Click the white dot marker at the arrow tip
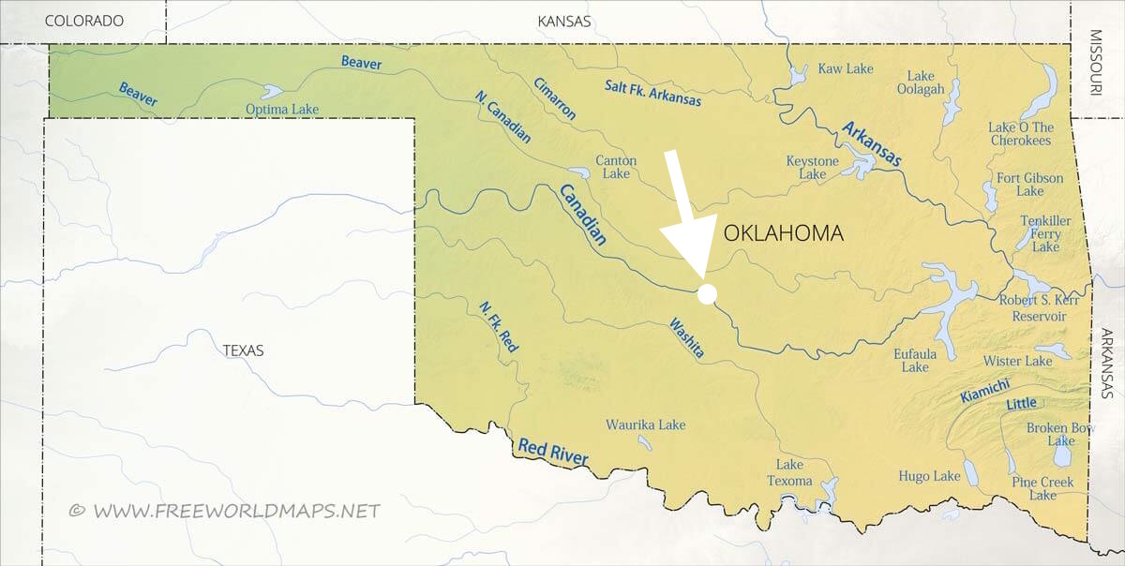coord(708,294)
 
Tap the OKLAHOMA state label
coord(783,233)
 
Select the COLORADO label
coord(84,21)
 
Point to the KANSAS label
coord(564,21)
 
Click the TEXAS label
coord(243,350)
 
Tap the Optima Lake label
coord(282,110)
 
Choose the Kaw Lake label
coord(846,68)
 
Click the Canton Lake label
coord(616,167)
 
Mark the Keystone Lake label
coord(812,168)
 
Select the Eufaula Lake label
coord(915,361)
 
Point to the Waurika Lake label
coord(645,424)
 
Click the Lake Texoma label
coord(789,473)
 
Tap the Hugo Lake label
coord(929,476)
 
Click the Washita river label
coord(686,338)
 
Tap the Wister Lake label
coord(1017,361)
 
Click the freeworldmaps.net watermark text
coord(225,511)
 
